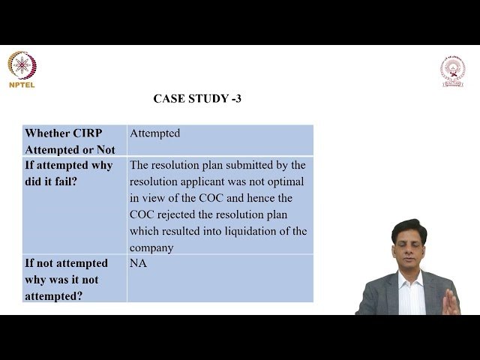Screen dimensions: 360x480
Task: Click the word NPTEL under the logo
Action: tap(22, 85)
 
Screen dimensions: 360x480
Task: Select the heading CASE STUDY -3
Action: tap(197, 98)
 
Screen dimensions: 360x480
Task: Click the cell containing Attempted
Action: tap(155, 133)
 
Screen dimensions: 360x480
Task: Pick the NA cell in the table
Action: tap(138, 263)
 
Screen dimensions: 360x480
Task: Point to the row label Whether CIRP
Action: tap(63, 133)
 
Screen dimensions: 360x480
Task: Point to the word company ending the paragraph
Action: tap(151, 247)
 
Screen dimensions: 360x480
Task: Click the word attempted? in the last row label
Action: tap(54, 295)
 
